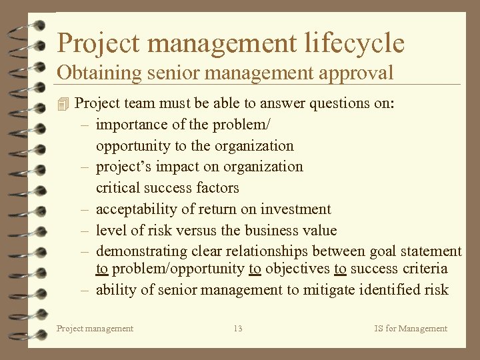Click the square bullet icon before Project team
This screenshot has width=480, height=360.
(x=63, y=104)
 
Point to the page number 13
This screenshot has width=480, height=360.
(x=238, y=328)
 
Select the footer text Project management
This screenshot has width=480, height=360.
(x=95, y=328)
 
